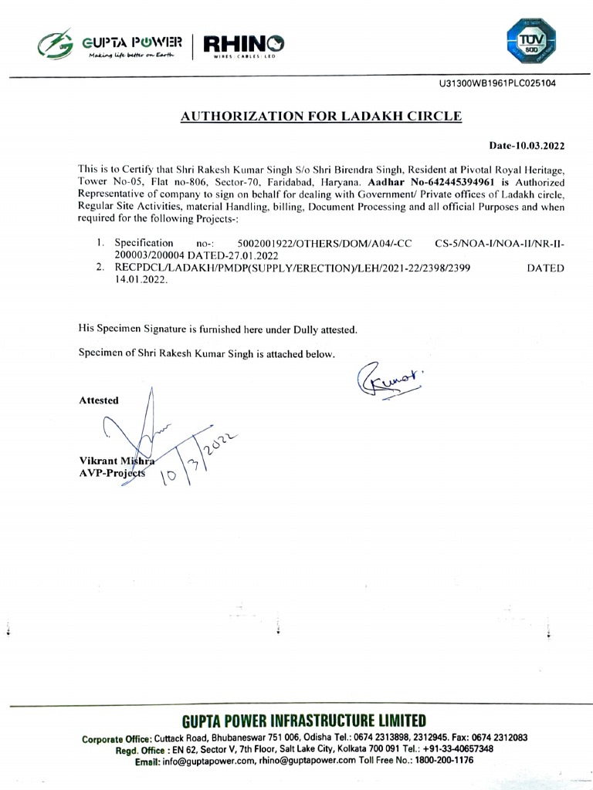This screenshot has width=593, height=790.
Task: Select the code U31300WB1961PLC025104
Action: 496,83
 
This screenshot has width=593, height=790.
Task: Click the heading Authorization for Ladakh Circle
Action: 320,116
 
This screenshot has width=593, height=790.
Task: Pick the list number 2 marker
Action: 100,268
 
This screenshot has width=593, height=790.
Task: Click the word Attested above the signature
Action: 99,400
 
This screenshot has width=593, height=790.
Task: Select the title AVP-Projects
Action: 111,473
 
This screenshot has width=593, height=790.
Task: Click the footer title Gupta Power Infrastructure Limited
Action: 304,722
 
